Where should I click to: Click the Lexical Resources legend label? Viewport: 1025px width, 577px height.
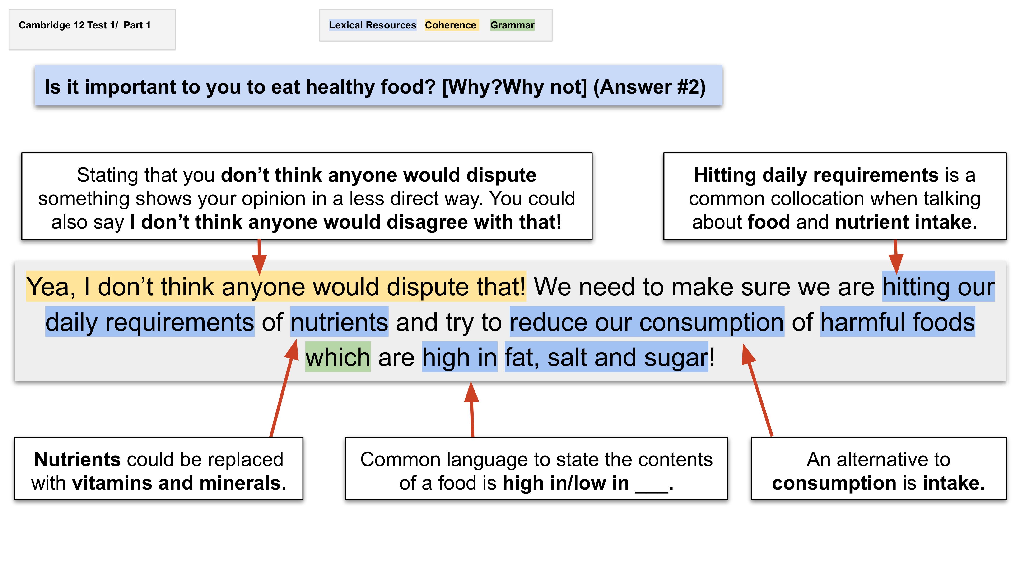[x=373, y=25]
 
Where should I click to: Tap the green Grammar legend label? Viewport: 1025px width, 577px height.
[x=512, y=25]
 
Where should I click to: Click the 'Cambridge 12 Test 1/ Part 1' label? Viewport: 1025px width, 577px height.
[x=85, y=25]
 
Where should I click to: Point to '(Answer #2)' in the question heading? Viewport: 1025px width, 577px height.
[x=649, y=87]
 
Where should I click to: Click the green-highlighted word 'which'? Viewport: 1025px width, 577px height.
[x=338, y=357]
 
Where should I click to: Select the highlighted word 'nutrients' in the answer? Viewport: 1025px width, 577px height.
[x=339, y=322]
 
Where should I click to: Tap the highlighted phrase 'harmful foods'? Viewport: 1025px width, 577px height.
[x=898, y=322]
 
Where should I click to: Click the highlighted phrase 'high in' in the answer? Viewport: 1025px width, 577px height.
[x=460, y=357]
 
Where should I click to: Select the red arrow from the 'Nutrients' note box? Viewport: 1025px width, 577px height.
[x=284, y=388]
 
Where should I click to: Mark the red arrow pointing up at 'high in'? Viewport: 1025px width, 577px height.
[x=472, y=409]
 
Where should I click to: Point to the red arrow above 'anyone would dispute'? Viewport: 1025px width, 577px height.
[x=259, y=257]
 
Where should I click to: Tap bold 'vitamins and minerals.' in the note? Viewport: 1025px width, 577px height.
[x=179, y=483]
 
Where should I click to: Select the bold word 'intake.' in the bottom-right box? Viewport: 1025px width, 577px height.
[x=954, y=483]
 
